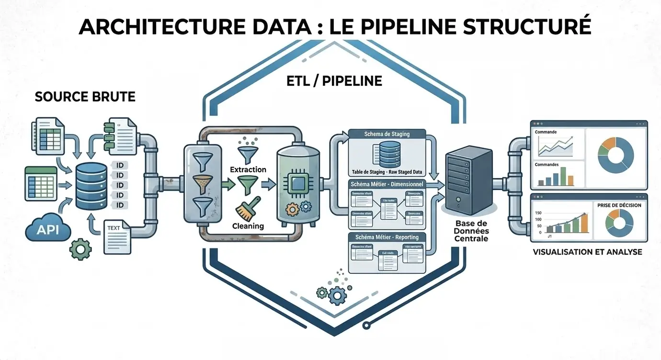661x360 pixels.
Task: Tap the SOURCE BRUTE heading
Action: (85, 97)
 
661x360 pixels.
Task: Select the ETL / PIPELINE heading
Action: (334, 81)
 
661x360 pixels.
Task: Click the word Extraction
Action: (248, 169)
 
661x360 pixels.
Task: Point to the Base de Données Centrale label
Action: (472, 231)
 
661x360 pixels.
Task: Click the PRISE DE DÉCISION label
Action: (619, 205)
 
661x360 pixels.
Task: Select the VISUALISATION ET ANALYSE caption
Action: (587, 252)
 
